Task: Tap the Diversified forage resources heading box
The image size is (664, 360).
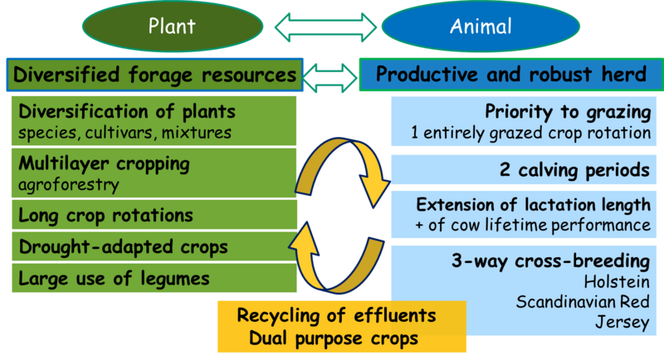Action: [x=154, y=75]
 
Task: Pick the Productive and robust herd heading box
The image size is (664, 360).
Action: [x=510, y=75]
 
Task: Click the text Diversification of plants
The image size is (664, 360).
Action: [x=127, y=112]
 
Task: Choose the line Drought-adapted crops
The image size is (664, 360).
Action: [x=123, y=247]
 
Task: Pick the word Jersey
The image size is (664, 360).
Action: [x=622, y=322]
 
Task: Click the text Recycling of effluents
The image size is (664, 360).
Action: [x=337, y=316]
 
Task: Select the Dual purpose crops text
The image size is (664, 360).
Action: [x=335, y=338]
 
